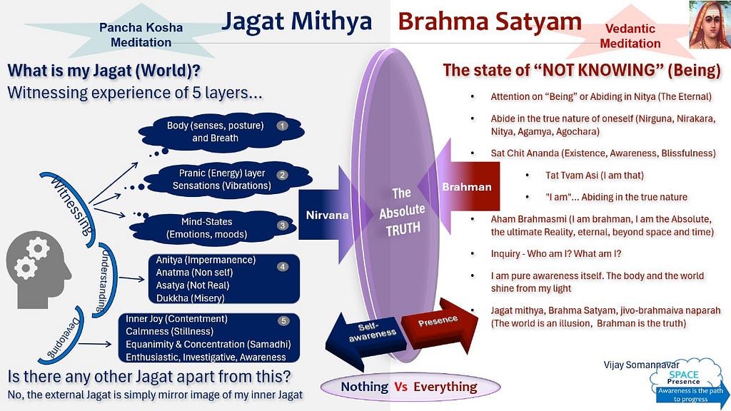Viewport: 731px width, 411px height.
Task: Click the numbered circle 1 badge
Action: pos(282,126)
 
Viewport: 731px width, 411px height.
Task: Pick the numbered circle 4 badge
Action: pos(283,267)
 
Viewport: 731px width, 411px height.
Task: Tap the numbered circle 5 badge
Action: pos(283,320)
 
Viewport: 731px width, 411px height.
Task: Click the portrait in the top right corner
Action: pos(710,24)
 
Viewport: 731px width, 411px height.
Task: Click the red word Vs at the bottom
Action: pos(401,387)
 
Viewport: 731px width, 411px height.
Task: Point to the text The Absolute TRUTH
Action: pos(401,210)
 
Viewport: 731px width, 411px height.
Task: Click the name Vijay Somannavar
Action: pos(642,365)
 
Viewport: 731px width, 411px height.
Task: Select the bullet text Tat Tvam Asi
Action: pos(595,176)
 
